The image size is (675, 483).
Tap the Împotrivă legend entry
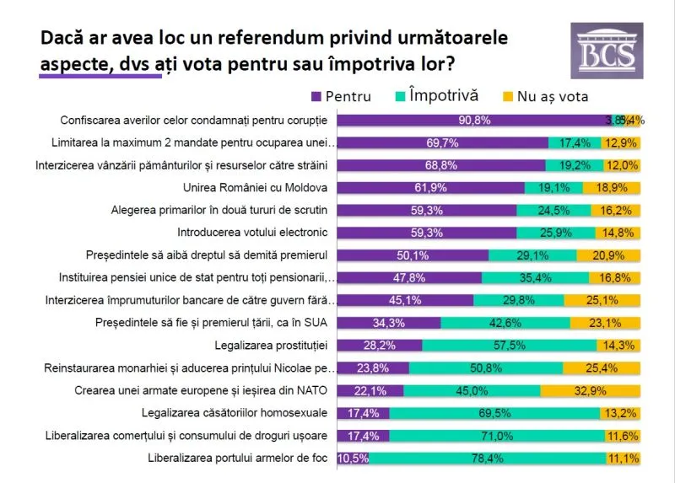tap(435, 96)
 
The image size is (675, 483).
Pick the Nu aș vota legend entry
tap(543, 96)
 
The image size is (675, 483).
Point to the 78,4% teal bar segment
tap(487, 459)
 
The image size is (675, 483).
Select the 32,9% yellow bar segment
tap(590, 390)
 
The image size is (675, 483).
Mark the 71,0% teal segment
tap(495, 436)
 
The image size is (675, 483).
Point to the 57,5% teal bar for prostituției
tap(510, 345)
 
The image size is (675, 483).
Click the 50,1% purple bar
tap(414, 255)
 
